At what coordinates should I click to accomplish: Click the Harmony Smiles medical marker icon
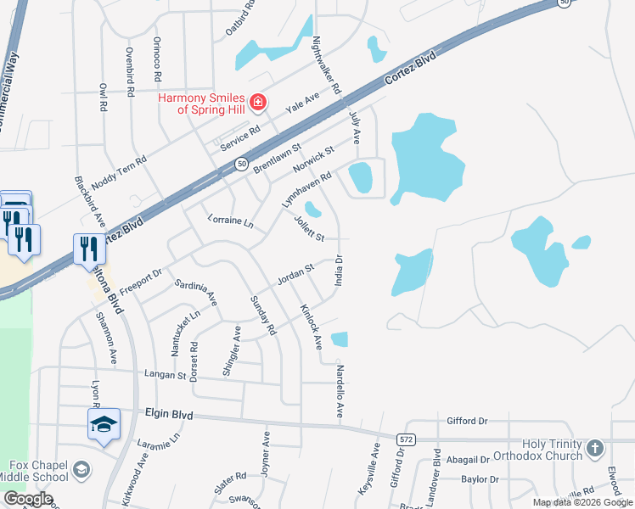point(259,103)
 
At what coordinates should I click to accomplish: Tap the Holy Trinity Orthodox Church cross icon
point(595,447)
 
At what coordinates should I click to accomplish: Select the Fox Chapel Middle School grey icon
point(81,469)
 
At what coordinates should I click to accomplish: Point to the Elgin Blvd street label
point(169,415)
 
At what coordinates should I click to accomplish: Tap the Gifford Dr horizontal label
point(468,421)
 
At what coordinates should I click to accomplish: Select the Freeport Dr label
point(140,282)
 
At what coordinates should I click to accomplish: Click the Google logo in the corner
point(28,499)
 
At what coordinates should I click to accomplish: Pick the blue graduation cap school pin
point(104,424)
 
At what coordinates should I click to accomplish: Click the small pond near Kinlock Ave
point(340,339)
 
